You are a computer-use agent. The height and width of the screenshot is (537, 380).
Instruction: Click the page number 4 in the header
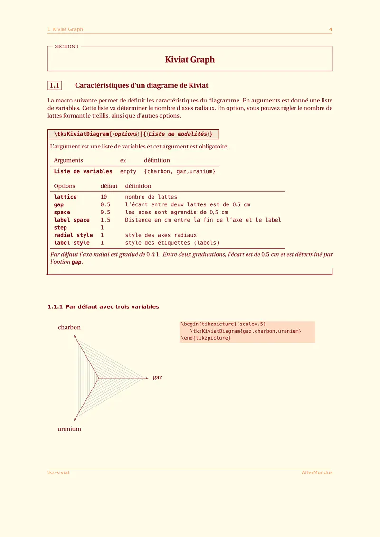click(x=331, y=29)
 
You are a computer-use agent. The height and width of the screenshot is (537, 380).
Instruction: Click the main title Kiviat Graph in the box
click(x=190, y=60)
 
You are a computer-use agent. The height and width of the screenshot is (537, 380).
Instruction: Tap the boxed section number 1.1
click(x=55, y=86)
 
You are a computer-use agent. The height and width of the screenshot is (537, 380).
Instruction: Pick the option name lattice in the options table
click(x=65, y=197)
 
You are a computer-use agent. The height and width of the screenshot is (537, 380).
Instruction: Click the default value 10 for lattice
click(x=104, y=197)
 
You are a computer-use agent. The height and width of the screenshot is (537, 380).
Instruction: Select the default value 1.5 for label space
click(x=105, y=220)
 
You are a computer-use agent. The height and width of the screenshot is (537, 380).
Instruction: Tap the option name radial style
click(x=73, y=235)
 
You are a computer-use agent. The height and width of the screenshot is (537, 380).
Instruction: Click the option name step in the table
click(x=60, y=227)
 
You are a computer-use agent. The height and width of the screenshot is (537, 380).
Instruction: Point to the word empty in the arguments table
click(x=128, y=171)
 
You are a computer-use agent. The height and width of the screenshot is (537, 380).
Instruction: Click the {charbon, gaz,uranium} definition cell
click(x=180, y=171)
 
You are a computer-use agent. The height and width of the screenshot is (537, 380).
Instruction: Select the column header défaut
click(x=109, y=186)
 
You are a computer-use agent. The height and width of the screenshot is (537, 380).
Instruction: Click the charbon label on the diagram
click(x=69, y=327)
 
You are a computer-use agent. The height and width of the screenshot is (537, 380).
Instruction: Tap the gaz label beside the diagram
click(x=158, y=377)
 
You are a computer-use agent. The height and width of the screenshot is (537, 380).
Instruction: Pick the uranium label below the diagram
click(x=69, y=429)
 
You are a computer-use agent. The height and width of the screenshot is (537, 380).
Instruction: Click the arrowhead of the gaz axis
click(x=148, y=378)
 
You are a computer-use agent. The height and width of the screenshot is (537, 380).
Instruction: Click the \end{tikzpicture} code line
click(x=205, y=338)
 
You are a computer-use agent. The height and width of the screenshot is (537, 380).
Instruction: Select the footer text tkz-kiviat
click(x=58, y=472)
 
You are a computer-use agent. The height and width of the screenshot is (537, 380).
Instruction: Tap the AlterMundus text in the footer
click(x=317, y=472)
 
